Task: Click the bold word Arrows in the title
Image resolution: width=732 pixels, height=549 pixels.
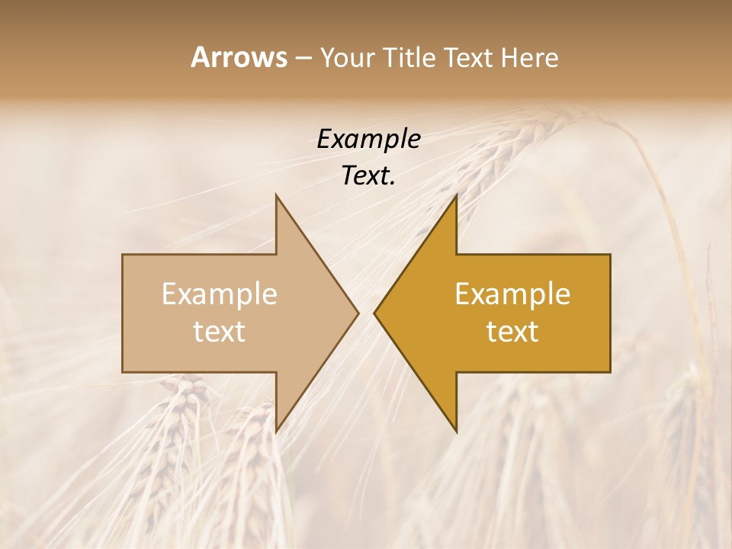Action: pos(239,57)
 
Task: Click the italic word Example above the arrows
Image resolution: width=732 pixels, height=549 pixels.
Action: pos(368,140)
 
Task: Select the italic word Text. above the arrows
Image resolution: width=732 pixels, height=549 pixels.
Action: pos(368,175)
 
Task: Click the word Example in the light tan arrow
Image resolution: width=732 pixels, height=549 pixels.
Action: pos(219,294)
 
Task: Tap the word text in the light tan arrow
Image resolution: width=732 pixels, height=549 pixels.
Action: pos(219,331)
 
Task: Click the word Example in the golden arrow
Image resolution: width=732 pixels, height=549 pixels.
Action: pos(512,294)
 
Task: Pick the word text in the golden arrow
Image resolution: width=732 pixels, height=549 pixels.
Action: pos(512,331)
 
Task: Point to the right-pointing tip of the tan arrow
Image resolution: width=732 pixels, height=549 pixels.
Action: pos(358,313)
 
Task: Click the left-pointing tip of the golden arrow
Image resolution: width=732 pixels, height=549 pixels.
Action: pos(374,313)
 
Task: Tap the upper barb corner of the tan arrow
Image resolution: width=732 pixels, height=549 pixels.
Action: pos(276,195)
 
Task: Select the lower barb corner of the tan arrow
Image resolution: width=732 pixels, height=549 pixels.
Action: pos(276,431)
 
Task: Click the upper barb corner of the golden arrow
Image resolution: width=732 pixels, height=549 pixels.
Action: pos(456,195)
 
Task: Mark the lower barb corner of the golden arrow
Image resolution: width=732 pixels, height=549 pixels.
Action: pos(456,431)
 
